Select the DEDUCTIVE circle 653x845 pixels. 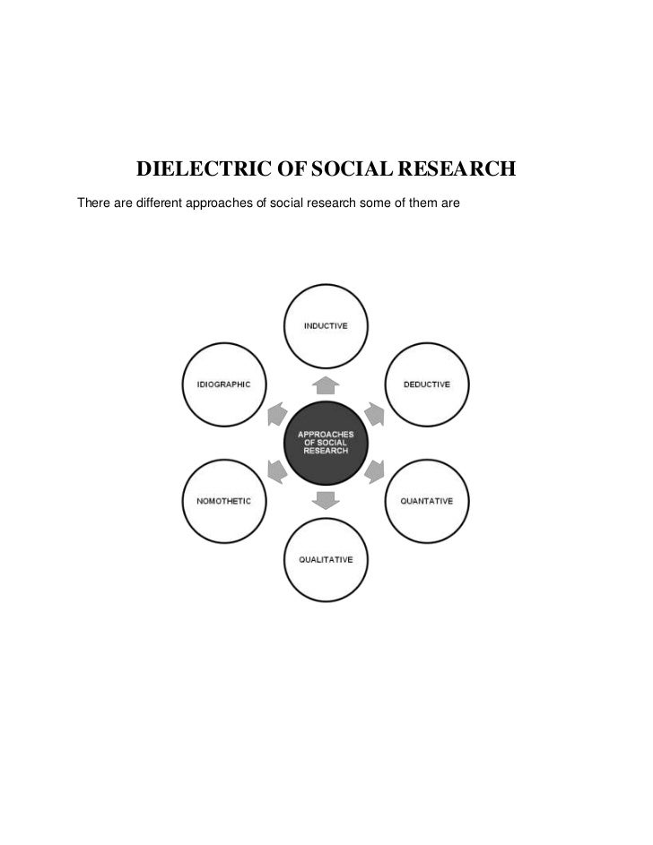(x=426, y=384)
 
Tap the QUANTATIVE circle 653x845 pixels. (x=426, y=500)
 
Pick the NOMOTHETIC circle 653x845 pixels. (x=223, y=500)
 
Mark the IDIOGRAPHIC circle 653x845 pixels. (x=223, y=384)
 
